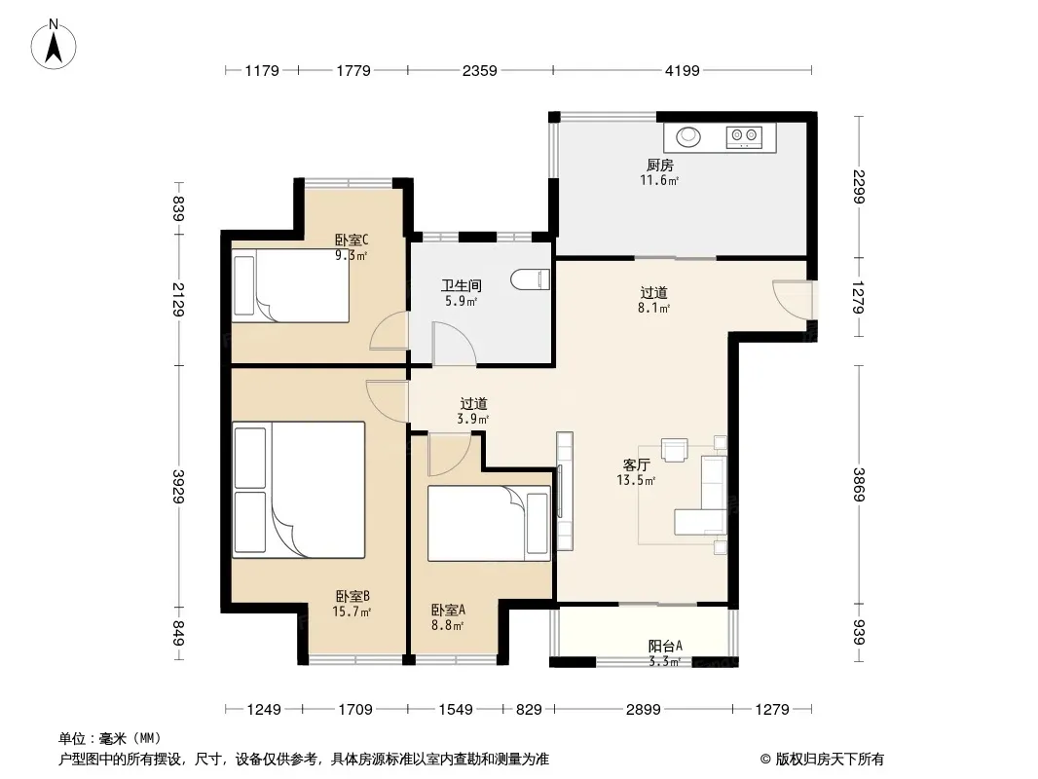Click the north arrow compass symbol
click(54, 45)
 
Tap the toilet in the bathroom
click(531, 279)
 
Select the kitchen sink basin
click(688, 136)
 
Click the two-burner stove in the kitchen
click(743, 137)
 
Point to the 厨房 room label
click(659, 165)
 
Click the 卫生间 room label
click(462, 286)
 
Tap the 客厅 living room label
click(636, 465)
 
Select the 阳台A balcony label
click(665, 646)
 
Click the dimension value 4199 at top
click(682, 70)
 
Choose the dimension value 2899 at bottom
click(643, 710)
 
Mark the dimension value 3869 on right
click(859, 485)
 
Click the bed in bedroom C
click(290, 285)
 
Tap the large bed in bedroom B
click(299, 490)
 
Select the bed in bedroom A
click(489, 524)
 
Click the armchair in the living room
click(675, 450)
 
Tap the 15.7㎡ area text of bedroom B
click(352, 612)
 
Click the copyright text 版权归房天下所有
click(830, 760)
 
